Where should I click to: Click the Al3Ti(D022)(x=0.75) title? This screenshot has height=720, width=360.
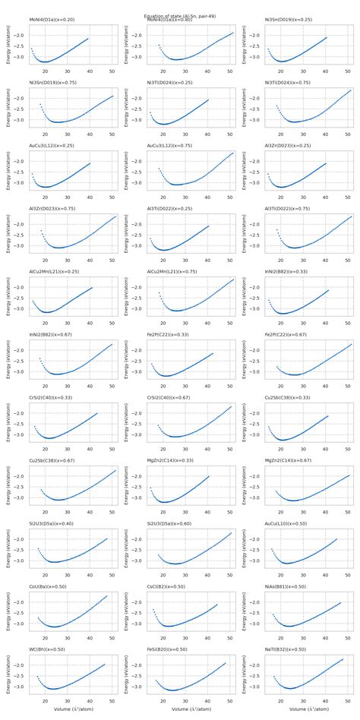click(289, 208)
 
